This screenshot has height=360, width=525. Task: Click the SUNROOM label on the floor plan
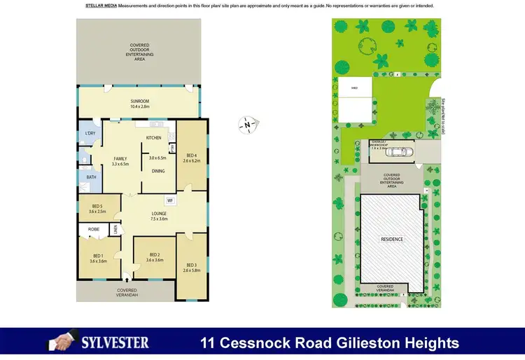pyautogui.click(x=140, y=101)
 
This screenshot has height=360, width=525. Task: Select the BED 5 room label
pyautogui.click(x=98, y=206)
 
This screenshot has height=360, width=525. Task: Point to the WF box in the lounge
pyautogui.click(x=170, y=200)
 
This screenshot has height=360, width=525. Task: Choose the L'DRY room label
pyautogui.click(x=90, y=133)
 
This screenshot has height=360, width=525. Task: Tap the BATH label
pyautogui.click(x=92, y=177)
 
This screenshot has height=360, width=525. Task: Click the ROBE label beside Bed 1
pyautogui.click(x=93, y=229)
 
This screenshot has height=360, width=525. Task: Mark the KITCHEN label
pyautogui.click(x=154, y=138)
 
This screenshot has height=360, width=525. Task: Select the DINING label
pyautogui.click(x=158, y=171)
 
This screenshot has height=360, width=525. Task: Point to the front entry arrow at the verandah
pyautogui.click(x=127, y=278)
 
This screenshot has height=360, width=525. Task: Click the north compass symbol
pyautogui.click(x=248, y=125)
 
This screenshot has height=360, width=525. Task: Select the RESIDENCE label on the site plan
pyautogui.click(x=392, y=240)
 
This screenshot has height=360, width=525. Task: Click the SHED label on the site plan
pyautogui.click(x=354, y=88)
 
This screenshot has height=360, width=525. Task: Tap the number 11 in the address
pyautogui.click(x=209, y=343)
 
